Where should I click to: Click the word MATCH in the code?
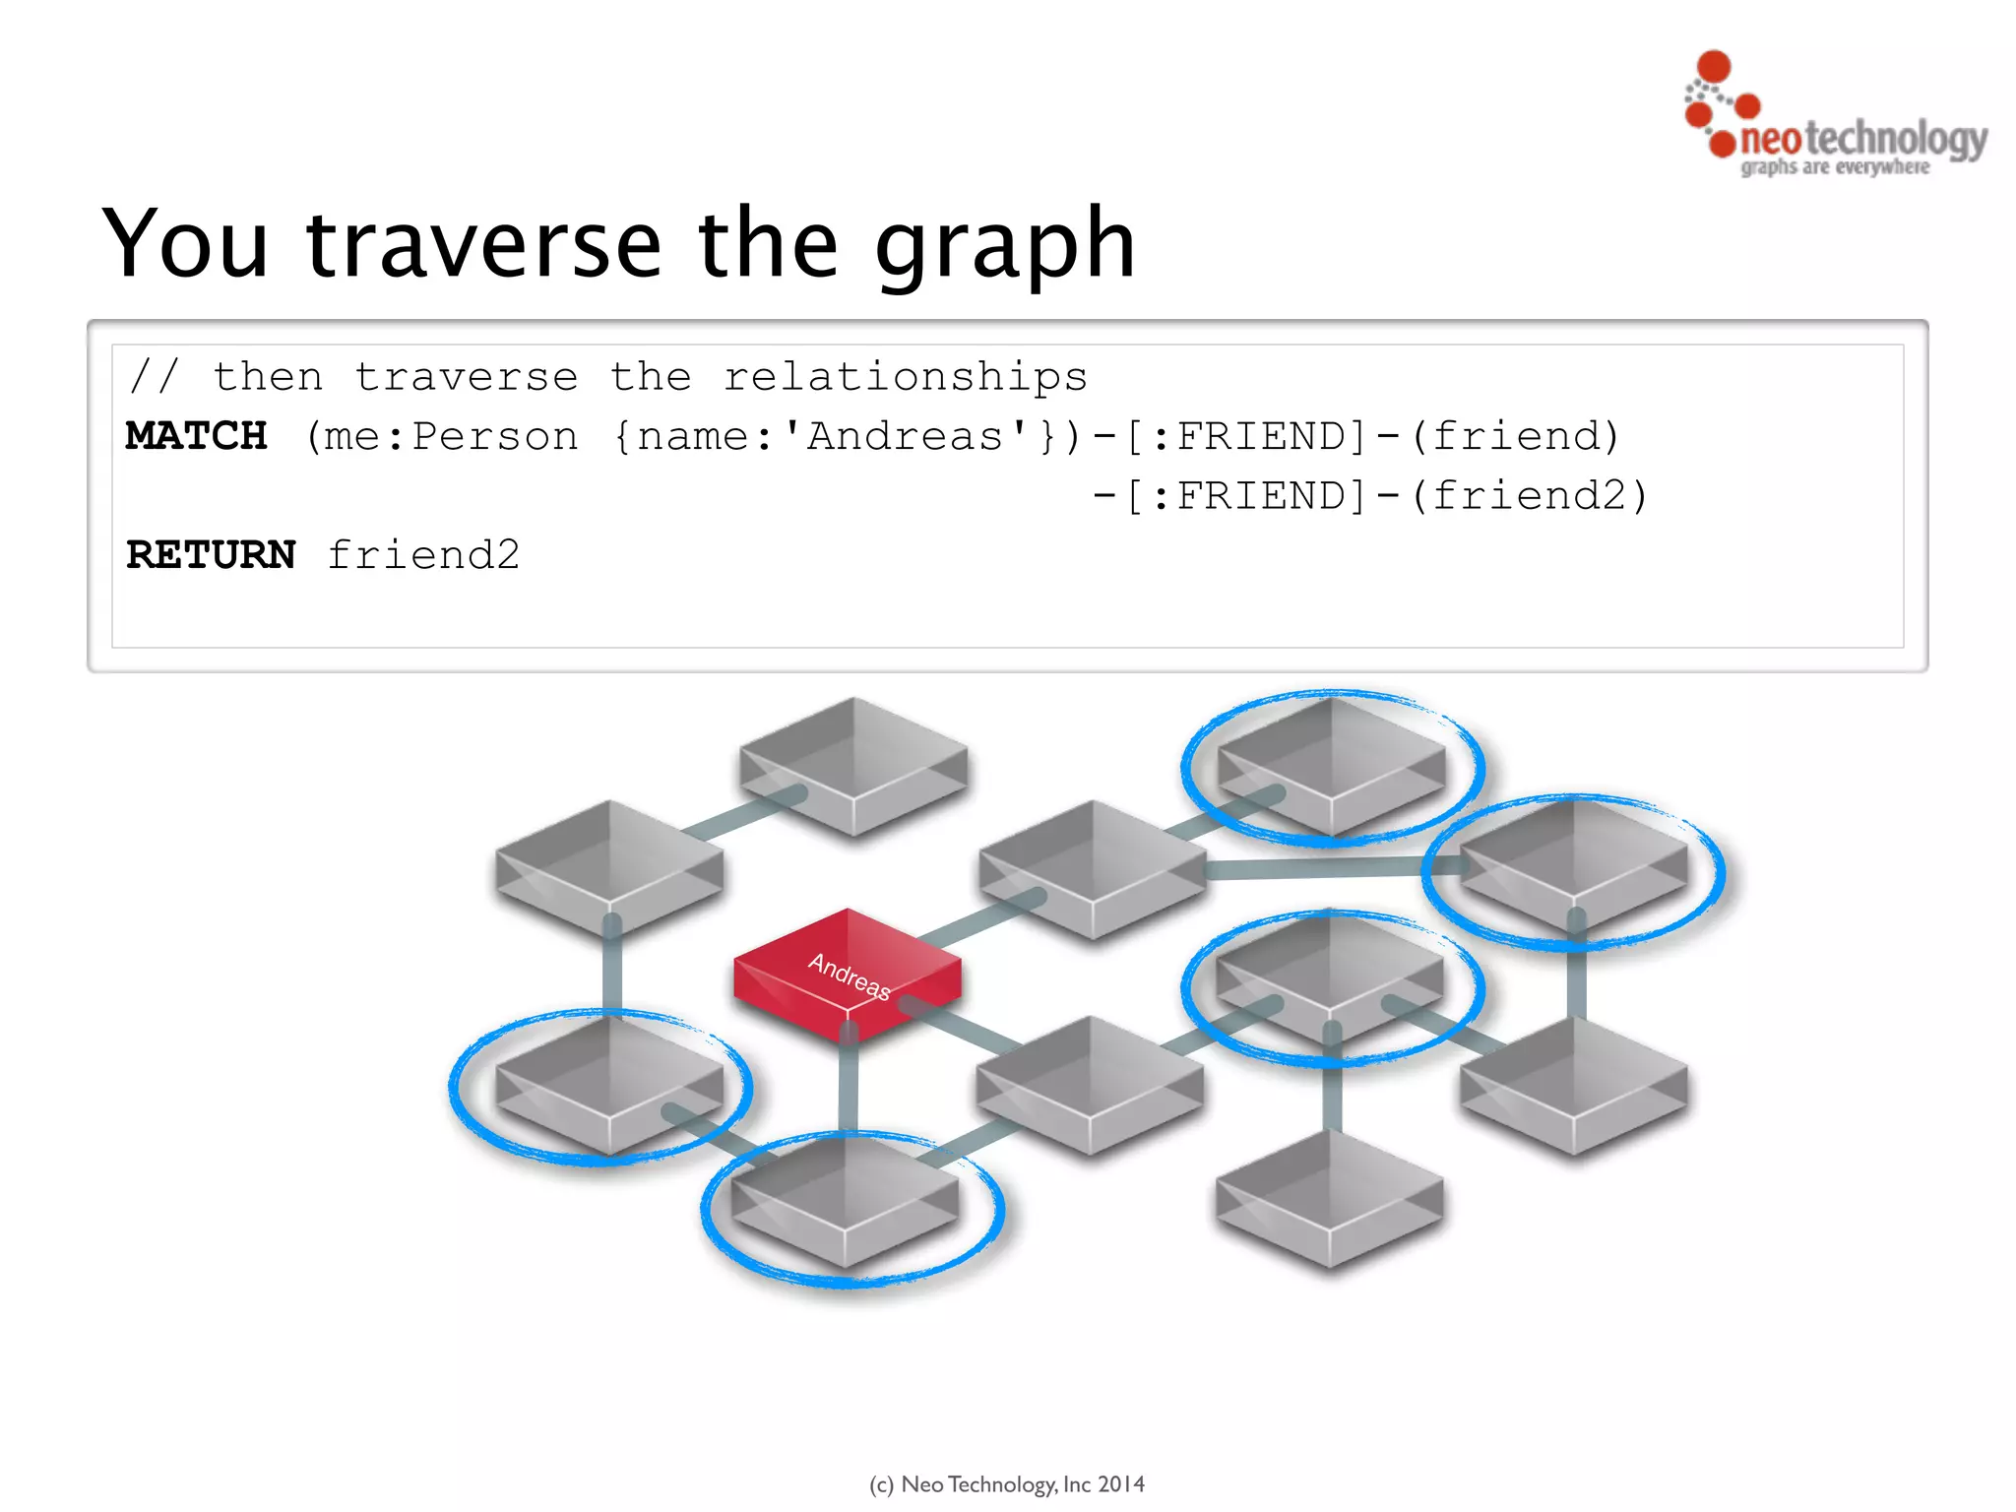point(197,436)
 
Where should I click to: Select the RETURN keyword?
point(211,555)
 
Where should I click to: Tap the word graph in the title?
point(1004,246)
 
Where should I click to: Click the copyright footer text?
point(1006,1483)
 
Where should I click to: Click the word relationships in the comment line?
point(905,377)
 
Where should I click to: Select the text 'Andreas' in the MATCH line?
point(905,436)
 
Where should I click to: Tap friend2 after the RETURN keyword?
point(423,555)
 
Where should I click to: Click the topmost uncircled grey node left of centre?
point(852,763)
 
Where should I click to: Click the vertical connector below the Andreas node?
point(848,1083)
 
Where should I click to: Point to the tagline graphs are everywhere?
point(1834,167)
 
